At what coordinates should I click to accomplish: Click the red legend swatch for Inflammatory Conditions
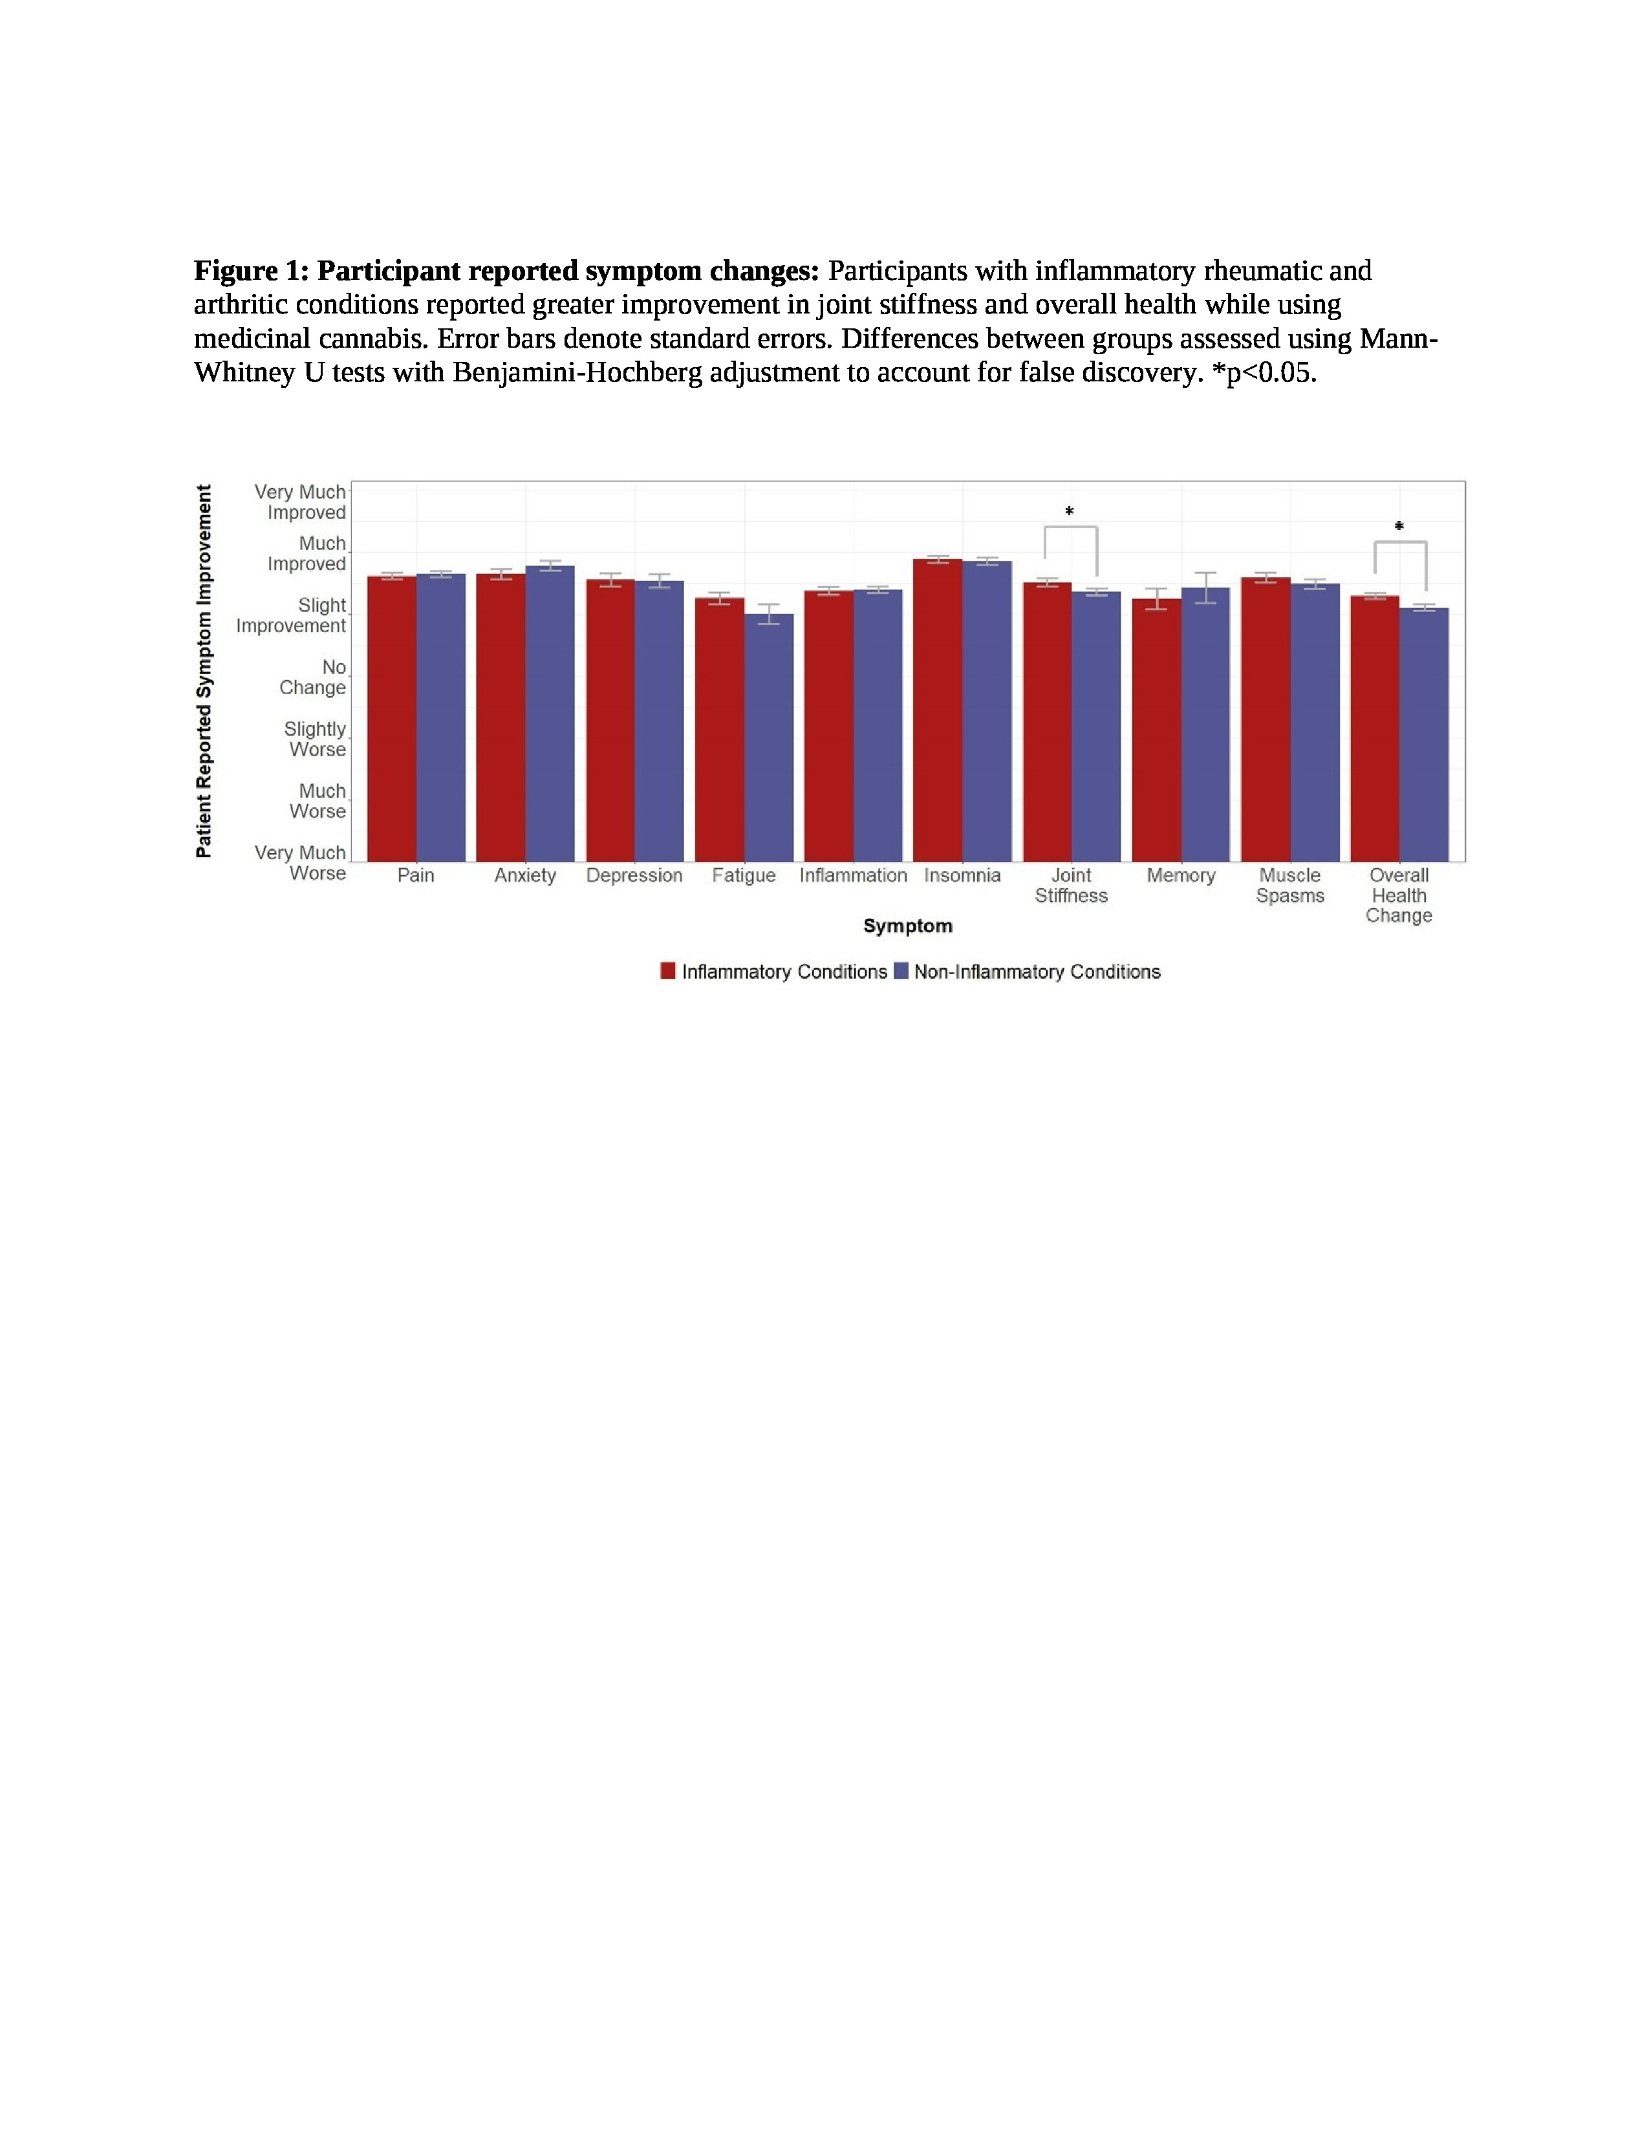tap(668, 971)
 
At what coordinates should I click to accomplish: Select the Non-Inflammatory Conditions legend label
tap(1037, 971)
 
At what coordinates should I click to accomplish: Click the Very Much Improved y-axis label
tap(301, 502)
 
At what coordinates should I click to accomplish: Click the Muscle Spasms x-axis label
tap(1289, 886)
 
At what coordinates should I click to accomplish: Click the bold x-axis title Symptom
tap(907, 926)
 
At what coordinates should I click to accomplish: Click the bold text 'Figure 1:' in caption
tap(251, 271)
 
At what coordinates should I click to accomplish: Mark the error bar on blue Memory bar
tap(1205, 588)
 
